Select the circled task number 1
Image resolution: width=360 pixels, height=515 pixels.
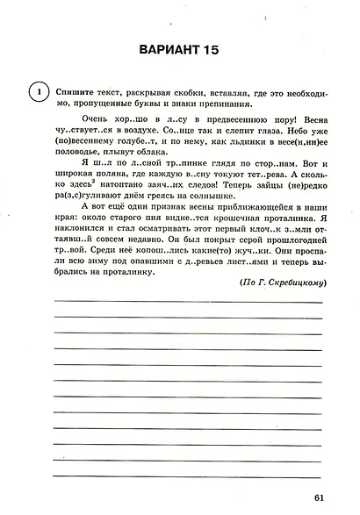click(36, 91)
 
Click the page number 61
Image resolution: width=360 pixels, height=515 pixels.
click(318, 500)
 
